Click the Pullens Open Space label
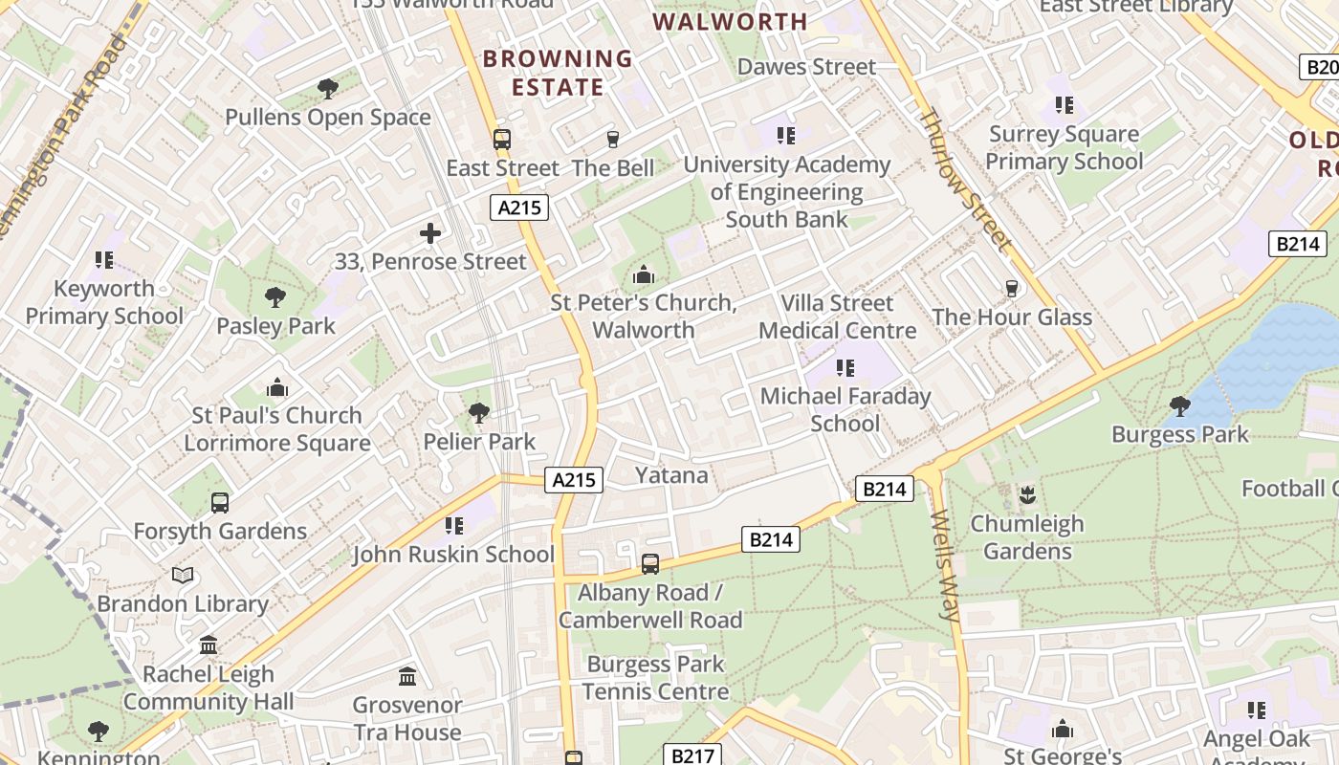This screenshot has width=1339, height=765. click(328, 118)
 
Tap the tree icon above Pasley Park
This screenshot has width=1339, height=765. click(275, 297)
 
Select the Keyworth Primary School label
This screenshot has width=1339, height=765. click(104, 302)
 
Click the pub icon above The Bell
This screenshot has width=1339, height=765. click(613, 140)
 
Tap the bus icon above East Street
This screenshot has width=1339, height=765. click(502, 140)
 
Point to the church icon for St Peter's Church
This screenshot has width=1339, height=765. click(644, 276)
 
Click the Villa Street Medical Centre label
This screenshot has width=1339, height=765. click(838, 317)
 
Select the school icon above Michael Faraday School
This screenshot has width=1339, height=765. click(845, 368)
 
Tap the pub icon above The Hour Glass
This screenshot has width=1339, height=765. click(1012, 289)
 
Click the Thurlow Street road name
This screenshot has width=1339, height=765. click(964, 180)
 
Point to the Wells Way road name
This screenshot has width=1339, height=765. click(943, 566)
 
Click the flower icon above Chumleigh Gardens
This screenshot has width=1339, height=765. click(1027, 495)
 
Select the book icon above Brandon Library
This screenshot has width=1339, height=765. click(183, 575)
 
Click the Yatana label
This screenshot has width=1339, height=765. click(671, 475)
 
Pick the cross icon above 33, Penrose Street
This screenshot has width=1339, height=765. click(430, 233)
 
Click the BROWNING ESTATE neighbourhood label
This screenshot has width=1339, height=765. click(558, 73)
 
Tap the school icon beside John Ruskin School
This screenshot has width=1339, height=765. click(454, 526)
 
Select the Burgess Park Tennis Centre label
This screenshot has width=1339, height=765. click(655, 678)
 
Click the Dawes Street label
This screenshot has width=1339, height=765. click(806, 67)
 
